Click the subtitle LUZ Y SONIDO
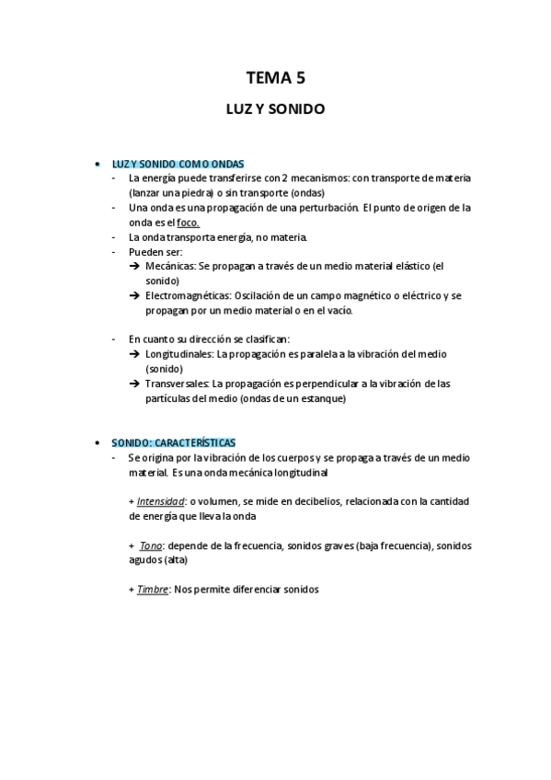[x=275, y=109]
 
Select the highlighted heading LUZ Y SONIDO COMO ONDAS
[x=178, y=164]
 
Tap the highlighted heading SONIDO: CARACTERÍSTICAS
[x=174, y=442]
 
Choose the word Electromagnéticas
[x=188, y=295]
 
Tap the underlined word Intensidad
[x=160, y=501]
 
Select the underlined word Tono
[x=150, y=545]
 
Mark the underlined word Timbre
[x=152, y=590]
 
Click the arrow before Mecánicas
[x=135, y=266]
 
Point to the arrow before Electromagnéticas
[x=135, y=295]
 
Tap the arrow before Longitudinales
[x=135, y=354]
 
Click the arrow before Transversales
[x=135, y=384]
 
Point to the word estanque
[x=319, y=398]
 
